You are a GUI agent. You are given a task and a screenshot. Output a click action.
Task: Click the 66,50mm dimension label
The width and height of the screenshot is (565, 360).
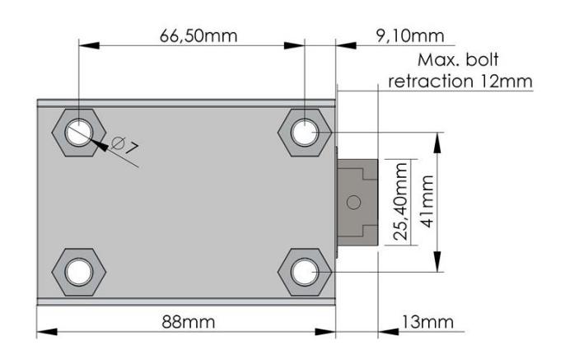198,36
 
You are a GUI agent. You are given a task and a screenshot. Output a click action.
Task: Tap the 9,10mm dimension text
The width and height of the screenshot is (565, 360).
410,36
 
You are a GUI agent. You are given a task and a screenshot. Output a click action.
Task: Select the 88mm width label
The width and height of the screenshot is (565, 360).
188,322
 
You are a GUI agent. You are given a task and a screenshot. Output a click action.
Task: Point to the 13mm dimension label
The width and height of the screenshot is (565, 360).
427,322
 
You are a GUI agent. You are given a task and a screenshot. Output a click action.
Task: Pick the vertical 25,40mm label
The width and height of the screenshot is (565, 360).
400,202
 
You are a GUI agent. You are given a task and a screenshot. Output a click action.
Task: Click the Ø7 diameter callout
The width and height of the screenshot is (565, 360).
124,146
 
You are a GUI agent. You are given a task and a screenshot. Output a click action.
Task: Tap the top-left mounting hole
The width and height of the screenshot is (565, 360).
79,133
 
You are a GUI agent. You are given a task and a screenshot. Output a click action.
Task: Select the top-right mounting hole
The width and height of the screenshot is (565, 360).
305,133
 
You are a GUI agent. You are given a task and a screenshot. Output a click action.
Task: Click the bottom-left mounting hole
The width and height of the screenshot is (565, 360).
79,272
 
